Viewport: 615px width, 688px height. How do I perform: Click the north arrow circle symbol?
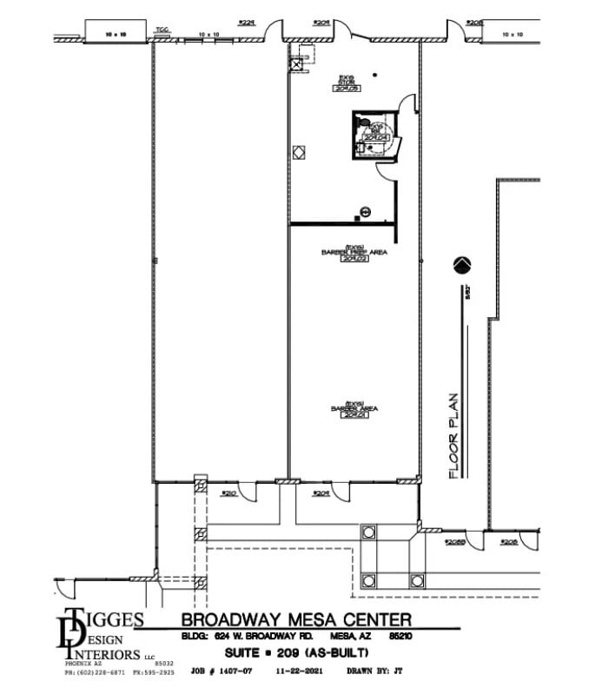point(462,264)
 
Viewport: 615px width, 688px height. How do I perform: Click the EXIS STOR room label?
point(350,83)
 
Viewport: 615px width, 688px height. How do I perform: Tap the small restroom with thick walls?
point(374,136)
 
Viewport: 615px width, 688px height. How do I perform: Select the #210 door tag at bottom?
point(229,493)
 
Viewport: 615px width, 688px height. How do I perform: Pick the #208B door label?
point(456,541)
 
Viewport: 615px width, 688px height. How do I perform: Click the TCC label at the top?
point(162,30)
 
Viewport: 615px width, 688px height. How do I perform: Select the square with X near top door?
point(297,64)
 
